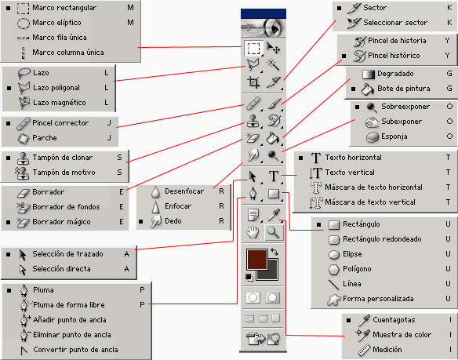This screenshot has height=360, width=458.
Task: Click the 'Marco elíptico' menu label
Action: click(x=56, y=23)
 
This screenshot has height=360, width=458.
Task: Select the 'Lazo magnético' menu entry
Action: click(x=60, y=103)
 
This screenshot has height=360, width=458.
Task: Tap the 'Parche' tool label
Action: click(x=45, y=137)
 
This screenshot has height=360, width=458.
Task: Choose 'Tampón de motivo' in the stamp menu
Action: click(x=64, y=173)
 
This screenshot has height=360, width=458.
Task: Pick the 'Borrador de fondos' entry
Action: click(x=66, y=207)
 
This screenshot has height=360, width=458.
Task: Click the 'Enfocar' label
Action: click(x=178, y=206)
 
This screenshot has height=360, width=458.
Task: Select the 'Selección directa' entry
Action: click(x=61, y=269)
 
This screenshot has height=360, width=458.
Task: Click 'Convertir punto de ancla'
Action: click(x=75, y=350)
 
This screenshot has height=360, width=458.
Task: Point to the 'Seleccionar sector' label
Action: click(x=395, y=23)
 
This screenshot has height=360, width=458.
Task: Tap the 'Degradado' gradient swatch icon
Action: click(x=369, y=75)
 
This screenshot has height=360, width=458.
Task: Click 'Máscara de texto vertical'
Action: click(x=370, y=202)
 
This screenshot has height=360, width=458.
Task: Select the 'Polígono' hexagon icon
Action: click(x=333, y=270)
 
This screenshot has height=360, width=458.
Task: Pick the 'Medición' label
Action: click(x=387, y=350)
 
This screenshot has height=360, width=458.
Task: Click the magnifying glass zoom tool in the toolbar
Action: click(x=274, y=233)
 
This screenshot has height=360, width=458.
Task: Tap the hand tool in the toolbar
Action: click(x=253, y=233)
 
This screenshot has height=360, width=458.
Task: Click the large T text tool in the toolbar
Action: click(x=274, y=176)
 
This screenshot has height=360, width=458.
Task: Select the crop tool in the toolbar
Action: click(x=253, y=82)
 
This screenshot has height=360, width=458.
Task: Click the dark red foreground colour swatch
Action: click(x=257, y=259)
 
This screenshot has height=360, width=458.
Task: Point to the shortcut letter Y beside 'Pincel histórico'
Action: click(x=447, y=56)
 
